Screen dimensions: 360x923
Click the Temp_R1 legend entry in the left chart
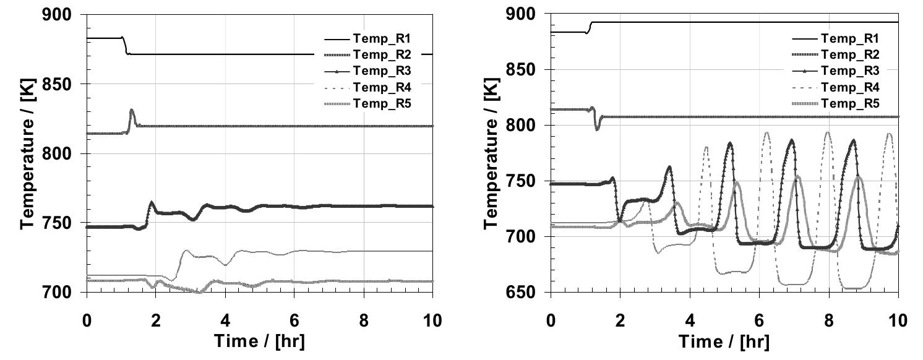pos(384,38)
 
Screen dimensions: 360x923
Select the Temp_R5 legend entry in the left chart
pos(384,103)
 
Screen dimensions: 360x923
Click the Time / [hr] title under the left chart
pos(259,341)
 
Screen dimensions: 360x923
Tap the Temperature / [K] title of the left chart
pos(28,153)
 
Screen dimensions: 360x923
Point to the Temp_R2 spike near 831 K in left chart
pos(131,111)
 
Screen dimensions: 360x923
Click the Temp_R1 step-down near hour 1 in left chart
pos(124,46)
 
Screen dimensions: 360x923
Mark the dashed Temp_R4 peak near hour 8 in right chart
pos(828,132)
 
